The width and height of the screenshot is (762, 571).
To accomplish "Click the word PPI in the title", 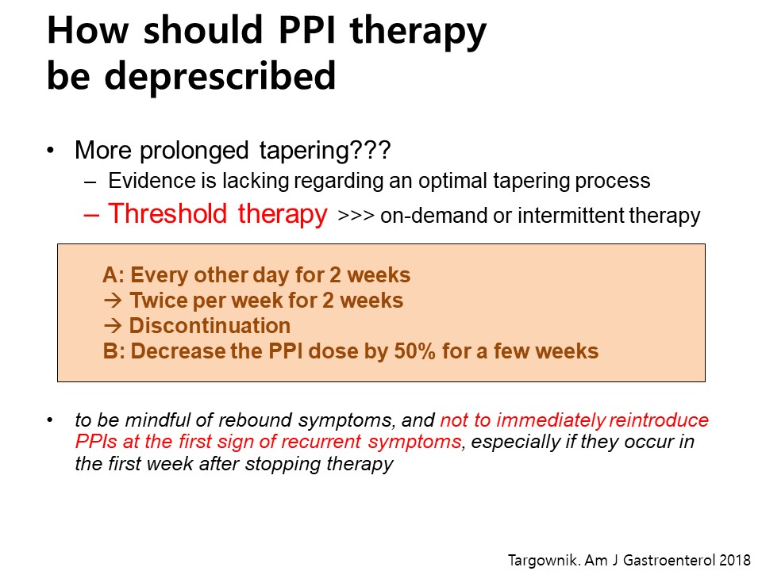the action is (306, 30).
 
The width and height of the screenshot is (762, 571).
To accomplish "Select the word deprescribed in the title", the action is (220, 76).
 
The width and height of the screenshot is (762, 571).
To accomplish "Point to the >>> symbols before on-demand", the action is (356, 216).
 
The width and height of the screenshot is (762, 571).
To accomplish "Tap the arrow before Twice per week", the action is (112, 301).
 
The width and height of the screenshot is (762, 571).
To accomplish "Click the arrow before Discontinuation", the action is (112, 326).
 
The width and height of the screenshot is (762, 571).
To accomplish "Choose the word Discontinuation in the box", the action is (210, 326).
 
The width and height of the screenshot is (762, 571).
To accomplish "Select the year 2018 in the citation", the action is (735, 560).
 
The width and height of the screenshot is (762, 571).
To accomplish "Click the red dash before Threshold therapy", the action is (91, 215).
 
